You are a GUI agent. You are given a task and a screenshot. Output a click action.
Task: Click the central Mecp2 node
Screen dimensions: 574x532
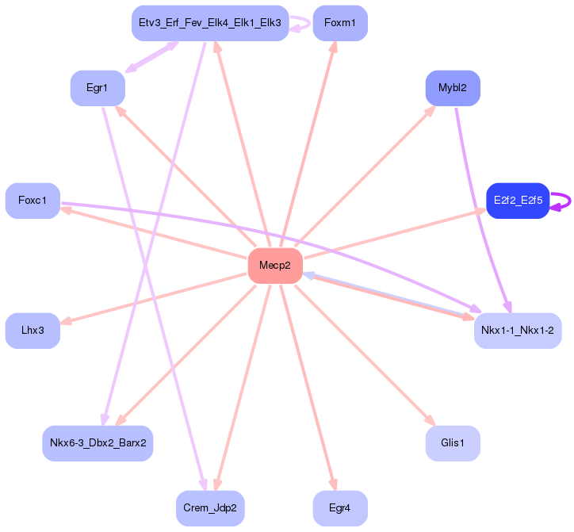coord(275,265)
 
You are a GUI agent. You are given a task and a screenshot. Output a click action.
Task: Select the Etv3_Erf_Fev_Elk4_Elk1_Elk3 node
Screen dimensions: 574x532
coord(209,23)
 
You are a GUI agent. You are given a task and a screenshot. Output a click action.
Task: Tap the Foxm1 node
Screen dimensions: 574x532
coord(339,23)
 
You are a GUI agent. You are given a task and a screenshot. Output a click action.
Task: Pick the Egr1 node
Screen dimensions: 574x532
coord(97,88)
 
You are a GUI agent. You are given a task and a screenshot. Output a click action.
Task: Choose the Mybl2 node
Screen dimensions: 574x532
coord(453,88)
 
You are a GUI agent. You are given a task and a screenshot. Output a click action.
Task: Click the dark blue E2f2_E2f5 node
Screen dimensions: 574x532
coord(518,201)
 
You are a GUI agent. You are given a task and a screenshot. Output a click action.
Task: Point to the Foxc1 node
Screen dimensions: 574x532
coord(33,201)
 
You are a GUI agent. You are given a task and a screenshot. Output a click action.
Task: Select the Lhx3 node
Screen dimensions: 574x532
coord(33,330)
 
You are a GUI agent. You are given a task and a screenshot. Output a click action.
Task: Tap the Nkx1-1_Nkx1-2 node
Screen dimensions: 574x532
coord(518,330)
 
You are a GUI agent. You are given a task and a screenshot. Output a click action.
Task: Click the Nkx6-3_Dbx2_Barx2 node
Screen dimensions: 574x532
coord(98,442)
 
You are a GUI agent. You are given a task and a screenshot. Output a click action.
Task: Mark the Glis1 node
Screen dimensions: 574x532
coord(453,442)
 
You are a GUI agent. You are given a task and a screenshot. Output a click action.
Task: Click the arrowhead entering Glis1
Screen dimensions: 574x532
coord(430,420)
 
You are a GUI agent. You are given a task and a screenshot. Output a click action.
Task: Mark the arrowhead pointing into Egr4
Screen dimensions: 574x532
coord(333,485)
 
